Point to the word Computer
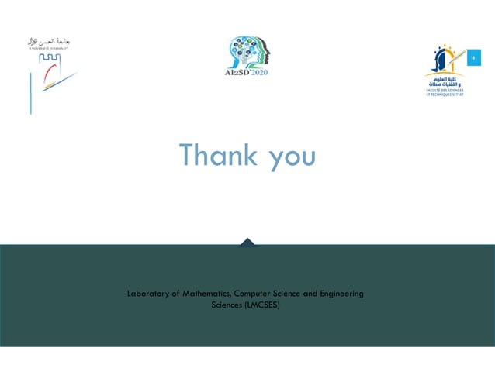tap(260, 294)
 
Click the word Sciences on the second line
tap(227, 305)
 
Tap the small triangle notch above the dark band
tap(247, 242)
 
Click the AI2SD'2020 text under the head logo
tap(246, 72)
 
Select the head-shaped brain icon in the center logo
tap(247, 51)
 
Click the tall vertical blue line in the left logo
tap(31, 93)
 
